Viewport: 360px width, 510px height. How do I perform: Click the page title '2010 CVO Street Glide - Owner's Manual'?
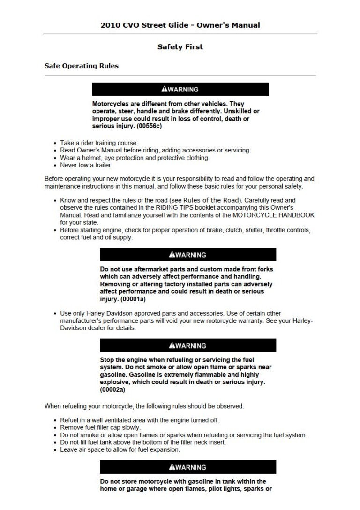tap(180, 25)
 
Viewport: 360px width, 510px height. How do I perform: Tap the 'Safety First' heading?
tap(180, 47)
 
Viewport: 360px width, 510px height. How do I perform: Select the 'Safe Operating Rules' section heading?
tap(81, 66)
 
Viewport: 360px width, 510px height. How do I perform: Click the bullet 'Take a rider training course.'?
tap(99, 143)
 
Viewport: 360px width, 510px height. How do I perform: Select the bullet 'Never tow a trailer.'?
tap(86, 165)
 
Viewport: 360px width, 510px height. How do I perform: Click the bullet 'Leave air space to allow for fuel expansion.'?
tap(120, 449)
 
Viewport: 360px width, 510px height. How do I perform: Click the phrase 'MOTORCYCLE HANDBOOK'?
tap(279, 215)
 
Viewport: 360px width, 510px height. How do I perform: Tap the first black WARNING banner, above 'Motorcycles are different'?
tap(180, 89)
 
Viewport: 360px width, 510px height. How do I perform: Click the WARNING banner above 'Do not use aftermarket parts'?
tap(187, 255)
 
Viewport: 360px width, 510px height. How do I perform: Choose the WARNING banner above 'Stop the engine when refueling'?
tap(187, 345)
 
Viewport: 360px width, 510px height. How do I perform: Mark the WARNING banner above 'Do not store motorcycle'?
tap(187, 467)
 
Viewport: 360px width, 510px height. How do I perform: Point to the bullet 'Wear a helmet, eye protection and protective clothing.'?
tap(135, 158)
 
